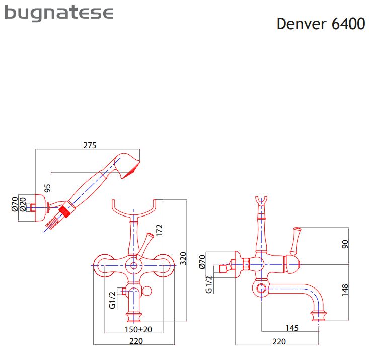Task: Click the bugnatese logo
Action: coord(58,14)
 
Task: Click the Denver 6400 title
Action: coord(321,24)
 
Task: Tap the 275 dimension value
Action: coord(89,145)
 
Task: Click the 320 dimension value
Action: coord(183,258)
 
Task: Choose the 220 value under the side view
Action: coord(278,342)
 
